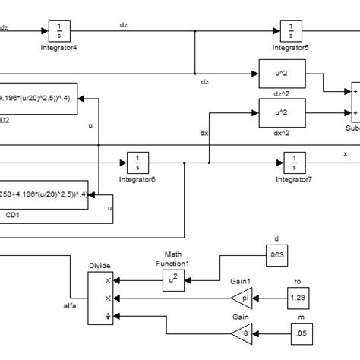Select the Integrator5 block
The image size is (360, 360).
tap(291, 32)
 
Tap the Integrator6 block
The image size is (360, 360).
tap(137, 163)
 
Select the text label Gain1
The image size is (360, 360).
tap(240, 280)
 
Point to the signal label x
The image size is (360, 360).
tap(344, 153)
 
